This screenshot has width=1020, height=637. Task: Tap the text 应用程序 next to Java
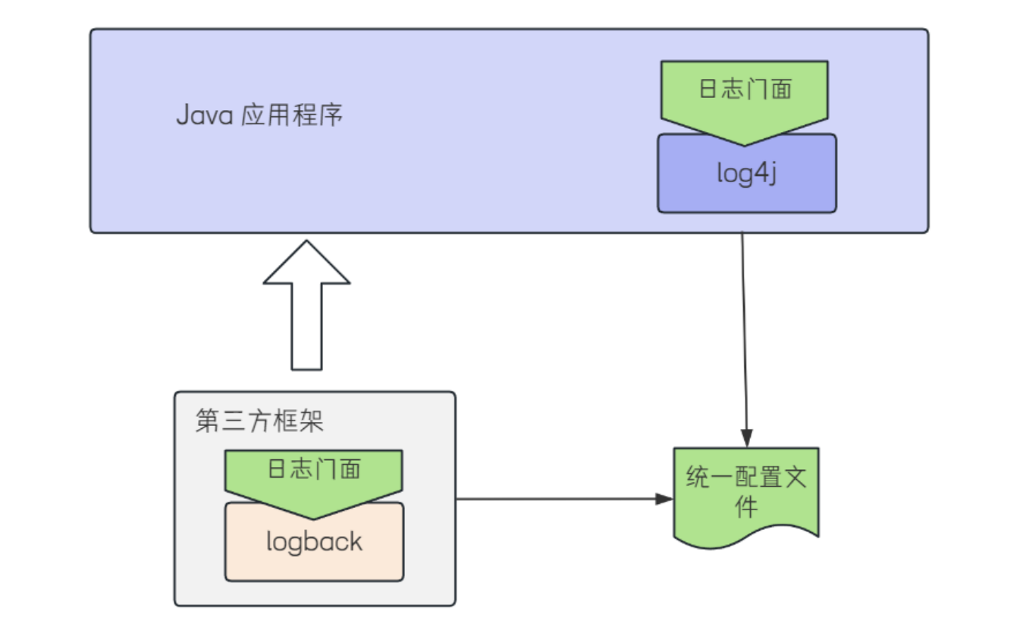292,115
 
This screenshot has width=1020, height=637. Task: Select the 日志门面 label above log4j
745,89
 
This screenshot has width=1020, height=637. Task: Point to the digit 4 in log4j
758,174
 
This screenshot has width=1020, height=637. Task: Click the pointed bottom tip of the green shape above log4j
745,143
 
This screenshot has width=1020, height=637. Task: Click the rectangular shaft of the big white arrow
306,326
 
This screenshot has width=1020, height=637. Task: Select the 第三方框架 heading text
259,420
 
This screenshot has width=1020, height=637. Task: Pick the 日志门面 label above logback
314,468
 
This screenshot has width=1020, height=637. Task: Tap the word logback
314,541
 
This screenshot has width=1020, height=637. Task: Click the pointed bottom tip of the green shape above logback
314,518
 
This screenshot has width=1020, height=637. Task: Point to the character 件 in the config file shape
746,506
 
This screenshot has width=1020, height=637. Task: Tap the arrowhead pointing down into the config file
747,440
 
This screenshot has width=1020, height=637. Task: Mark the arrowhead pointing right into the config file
665,499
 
